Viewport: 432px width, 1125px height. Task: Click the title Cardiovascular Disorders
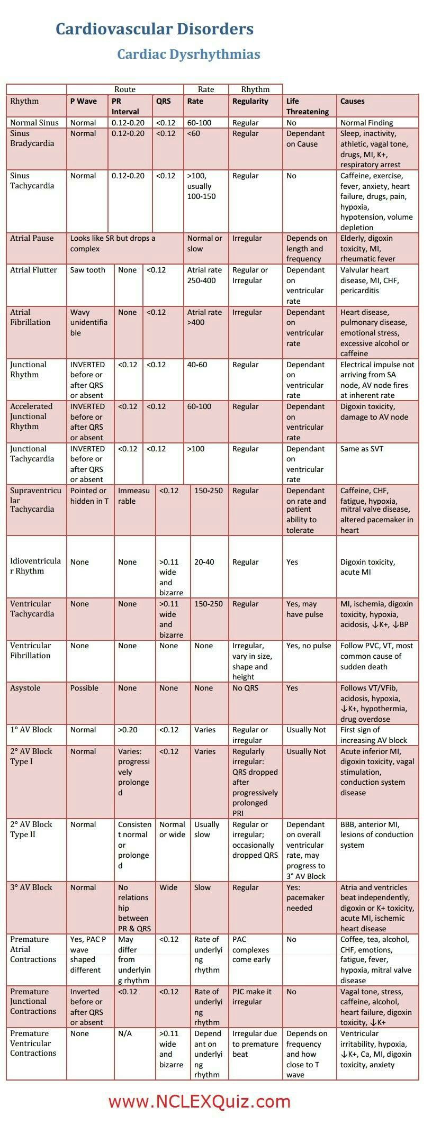coord(155,29)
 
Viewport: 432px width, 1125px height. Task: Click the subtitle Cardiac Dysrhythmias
coord(188,54)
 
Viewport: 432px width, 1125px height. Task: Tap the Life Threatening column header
coord(308,106)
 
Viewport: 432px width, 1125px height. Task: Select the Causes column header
coord(352,101)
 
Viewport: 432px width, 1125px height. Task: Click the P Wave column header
coord(84,101)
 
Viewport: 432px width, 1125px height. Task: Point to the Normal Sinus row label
coord(34,123)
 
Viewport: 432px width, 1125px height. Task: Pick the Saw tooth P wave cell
coord(88,270)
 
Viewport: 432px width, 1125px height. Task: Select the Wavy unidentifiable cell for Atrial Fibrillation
coord(89,322)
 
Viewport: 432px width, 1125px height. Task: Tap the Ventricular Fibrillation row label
coord(31,650)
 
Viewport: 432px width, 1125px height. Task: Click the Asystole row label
coord(25,688)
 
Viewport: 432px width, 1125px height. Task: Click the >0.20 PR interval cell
coord(128,730)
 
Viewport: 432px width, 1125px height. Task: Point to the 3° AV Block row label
coord(31,887)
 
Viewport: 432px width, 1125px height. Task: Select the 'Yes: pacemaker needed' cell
coord(305,897)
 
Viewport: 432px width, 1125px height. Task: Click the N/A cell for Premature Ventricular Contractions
coord(125,1033)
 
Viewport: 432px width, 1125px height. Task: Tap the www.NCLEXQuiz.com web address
coord(200,1102)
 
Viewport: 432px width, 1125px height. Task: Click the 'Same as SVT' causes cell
coord(362,449)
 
